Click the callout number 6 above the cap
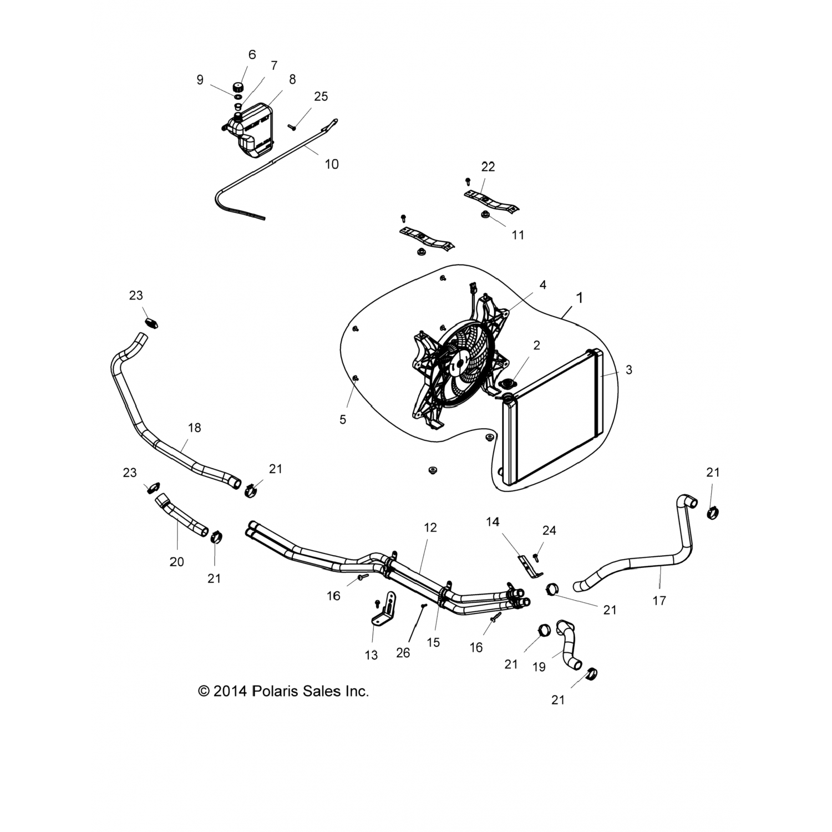coord(252,54)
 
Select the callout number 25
coord(321,97)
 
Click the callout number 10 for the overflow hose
coord(331,164)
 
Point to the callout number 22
coord(488,166)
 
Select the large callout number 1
coord(580,298)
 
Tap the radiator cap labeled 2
coord(508,384)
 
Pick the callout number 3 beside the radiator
coord(628,369)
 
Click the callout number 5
coord(343,420)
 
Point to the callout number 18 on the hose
coord(194,428)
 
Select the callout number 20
coord(176,562)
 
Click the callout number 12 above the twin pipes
coord(430,527)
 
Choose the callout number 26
coord(403,653)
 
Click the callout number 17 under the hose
coord(659,600)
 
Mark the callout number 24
coord(549,530)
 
